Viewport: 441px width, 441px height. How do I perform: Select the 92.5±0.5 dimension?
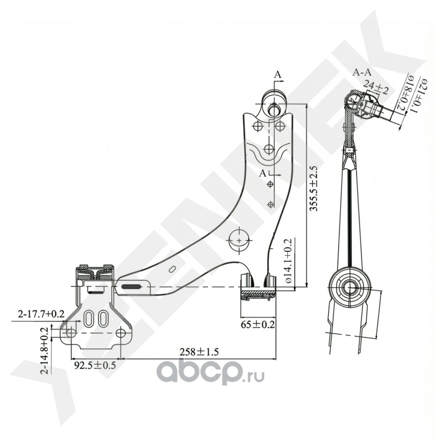[x=95, y=365]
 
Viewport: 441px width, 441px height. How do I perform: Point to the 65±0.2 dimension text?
[x=256, y=325]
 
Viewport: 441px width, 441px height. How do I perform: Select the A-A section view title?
[x=362, y=72]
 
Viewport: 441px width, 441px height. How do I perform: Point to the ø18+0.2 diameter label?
[x=407, y=94]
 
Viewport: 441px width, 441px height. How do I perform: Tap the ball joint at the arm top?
[x=275, y=106]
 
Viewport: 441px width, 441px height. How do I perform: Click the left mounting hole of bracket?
[x=70, y=334]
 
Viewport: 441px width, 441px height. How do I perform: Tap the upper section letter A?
[x=278, y=74]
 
